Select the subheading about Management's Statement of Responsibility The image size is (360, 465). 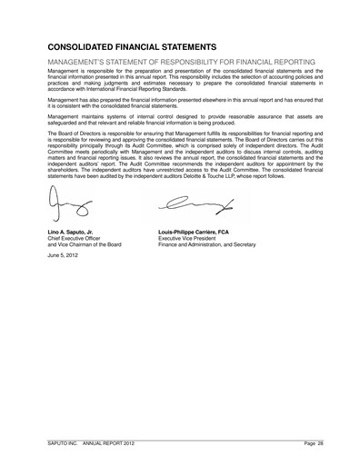tap(174, 61)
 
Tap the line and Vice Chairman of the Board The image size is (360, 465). tap(83, 247)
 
